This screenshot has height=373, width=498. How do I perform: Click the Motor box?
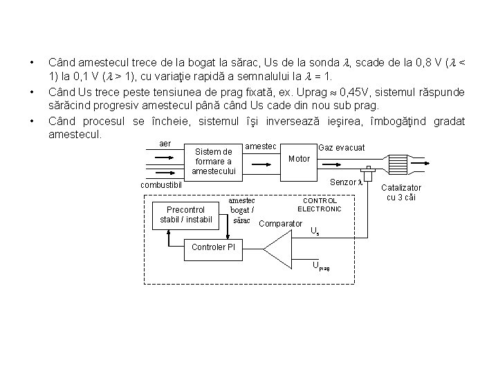click(299, 158)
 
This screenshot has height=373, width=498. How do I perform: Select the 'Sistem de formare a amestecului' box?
click(214, 161)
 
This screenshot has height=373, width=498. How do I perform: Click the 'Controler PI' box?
click(213, 247)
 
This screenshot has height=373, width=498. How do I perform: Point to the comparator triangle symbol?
click(280, 248)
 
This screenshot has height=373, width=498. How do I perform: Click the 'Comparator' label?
click(280, 223)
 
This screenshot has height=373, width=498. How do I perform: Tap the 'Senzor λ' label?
click(347, 182)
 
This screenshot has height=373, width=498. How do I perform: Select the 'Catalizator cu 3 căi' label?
click(401, 193)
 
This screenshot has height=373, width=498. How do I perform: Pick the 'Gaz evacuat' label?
click(341, 148)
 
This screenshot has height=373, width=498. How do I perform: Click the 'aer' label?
click(165, 143)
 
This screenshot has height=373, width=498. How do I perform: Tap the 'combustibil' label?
click(160, 185)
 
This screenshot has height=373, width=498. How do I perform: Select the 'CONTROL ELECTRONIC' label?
click(320, 204)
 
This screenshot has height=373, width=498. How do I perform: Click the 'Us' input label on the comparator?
click(315, 231)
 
